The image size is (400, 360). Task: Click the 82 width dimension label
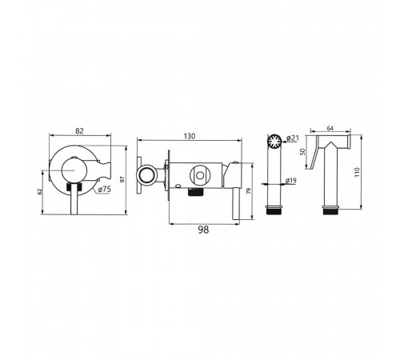[x=79, y=131]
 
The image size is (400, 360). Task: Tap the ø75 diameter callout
[x=104, y=190]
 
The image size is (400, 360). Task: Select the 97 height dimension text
[x=122, y=179]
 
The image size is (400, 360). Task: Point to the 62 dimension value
[x=40, y=191]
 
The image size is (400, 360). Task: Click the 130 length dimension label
[x=190, y=136]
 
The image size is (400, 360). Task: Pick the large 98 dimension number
[x=203, y=230]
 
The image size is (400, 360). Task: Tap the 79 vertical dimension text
[x=249, y=191]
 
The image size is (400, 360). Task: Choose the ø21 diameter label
[x=293, y=138]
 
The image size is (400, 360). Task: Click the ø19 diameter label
[x=290, y=181]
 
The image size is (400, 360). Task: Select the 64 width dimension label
[x=330, y=128]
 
